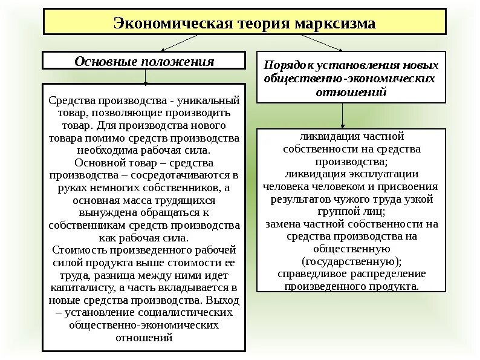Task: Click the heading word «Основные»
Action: coord(105,62)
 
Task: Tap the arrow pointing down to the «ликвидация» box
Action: coord(343,115)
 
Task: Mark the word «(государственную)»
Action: coord(351,261)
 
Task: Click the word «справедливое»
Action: coord(315,274)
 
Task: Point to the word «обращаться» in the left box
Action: coord(164,212)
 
